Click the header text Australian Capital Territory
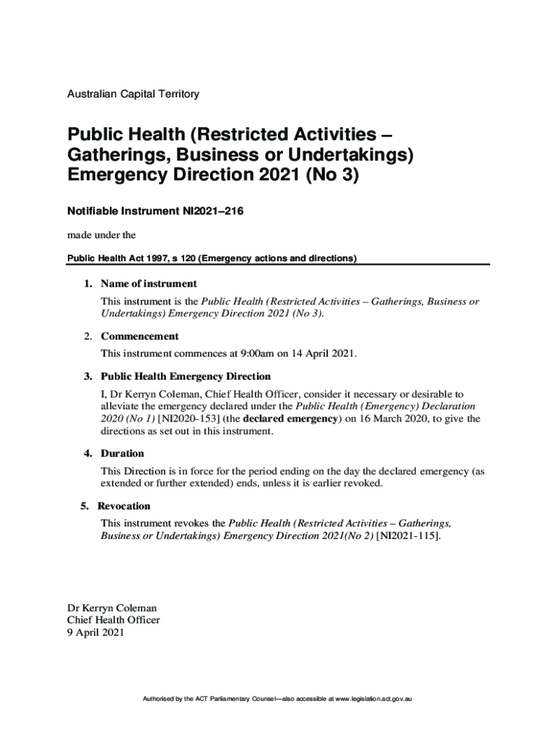[133, 94]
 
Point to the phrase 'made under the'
[101, 235]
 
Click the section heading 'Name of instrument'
[149, 284]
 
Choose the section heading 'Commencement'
[139, 336]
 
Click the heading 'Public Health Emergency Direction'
[186, 377]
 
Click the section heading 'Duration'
[122, 453]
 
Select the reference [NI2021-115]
[406, 536]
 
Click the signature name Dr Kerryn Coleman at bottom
[111, 608]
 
